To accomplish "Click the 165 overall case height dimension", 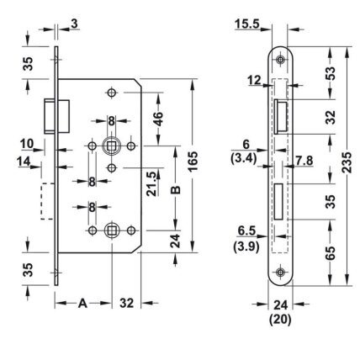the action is pos(193,161).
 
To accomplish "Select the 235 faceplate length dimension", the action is pos(347,162).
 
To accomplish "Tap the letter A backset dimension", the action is pos(82,303).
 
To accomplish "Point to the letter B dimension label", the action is pos(176,189).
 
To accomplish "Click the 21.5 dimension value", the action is pos(151,184).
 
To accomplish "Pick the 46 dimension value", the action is pos(158,119).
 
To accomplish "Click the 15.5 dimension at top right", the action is pos(247,24).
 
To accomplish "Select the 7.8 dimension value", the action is pos(304,161).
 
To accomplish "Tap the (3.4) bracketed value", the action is pos(243,159).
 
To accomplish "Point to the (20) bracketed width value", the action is pos(280,319).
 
